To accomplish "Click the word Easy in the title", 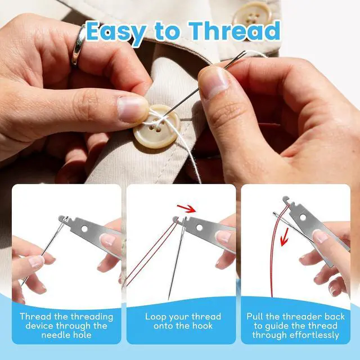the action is tap(116, 33).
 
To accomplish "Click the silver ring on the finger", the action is tap(78, 46).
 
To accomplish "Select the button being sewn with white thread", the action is tap(156, 127).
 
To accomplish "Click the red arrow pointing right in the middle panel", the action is tap(186, 209).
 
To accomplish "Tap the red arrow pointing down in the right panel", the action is tap(284, 237).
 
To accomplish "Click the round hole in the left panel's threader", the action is tap(84, 229).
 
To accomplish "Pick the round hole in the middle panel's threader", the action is tap(199, 227).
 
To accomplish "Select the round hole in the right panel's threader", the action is tap(303, 217).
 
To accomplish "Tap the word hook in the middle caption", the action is tap(202, 326).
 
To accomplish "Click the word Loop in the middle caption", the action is tap(154, 317).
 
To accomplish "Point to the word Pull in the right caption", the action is tap(254, 317).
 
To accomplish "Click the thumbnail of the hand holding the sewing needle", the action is tap(214, 82).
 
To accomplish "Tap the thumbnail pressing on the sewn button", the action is tap(133, 109).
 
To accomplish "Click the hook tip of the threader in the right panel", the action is tap(285, 199).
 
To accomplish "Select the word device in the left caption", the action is tap(39, 326).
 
